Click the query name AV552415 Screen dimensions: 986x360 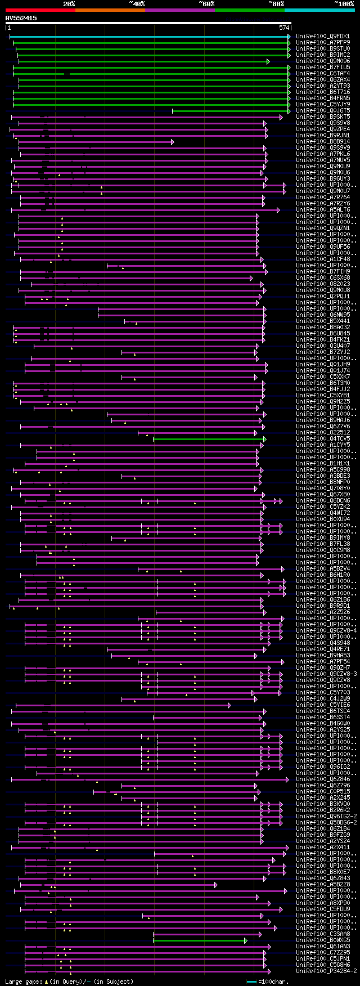click(x=21, y=18)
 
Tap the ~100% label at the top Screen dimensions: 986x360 click(x=344, y=4)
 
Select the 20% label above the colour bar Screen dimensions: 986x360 click(x=69, y=4)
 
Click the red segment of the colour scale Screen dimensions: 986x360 click(x=40, y=10)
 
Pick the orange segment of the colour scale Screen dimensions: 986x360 click(x=110, y=10)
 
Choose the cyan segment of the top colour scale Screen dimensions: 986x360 click(x=319, y=10)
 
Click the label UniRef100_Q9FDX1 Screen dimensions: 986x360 click(x=323, y=36)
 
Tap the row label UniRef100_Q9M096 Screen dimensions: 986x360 click(x=323, y=61)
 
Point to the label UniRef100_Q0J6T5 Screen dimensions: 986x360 click(x=323, y=110)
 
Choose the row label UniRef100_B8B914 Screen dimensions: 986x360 click(x=323, y=141)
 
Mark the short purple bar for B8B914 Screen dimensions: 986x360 click(x=96, y=142)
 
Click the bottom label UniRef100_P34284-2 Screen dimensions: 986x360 click(x=326, y=971)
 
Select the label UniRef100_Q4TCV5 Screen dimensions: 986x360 click(x=323, y=438)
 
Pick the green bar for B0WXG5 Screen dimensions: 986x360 click(x=199, y=940)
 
